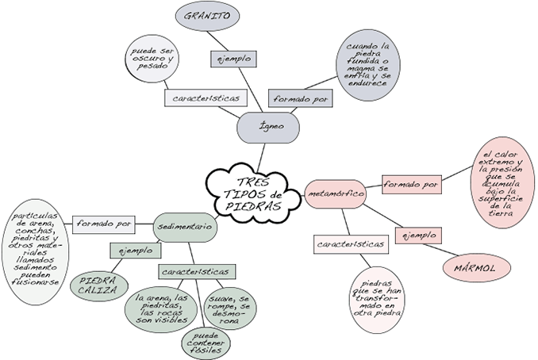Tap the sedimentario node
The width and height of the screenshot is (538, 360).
(185, 226)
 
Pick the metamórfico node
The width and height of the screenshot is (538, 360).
(334, 193)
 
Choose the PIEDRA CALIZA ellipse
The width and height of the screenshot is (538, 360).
(99, 285)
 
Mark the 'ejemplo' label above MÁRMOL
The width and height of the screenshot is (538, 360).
(417, 236)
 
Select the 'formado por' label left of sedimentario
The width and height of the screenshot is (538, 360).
(103, 224)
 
